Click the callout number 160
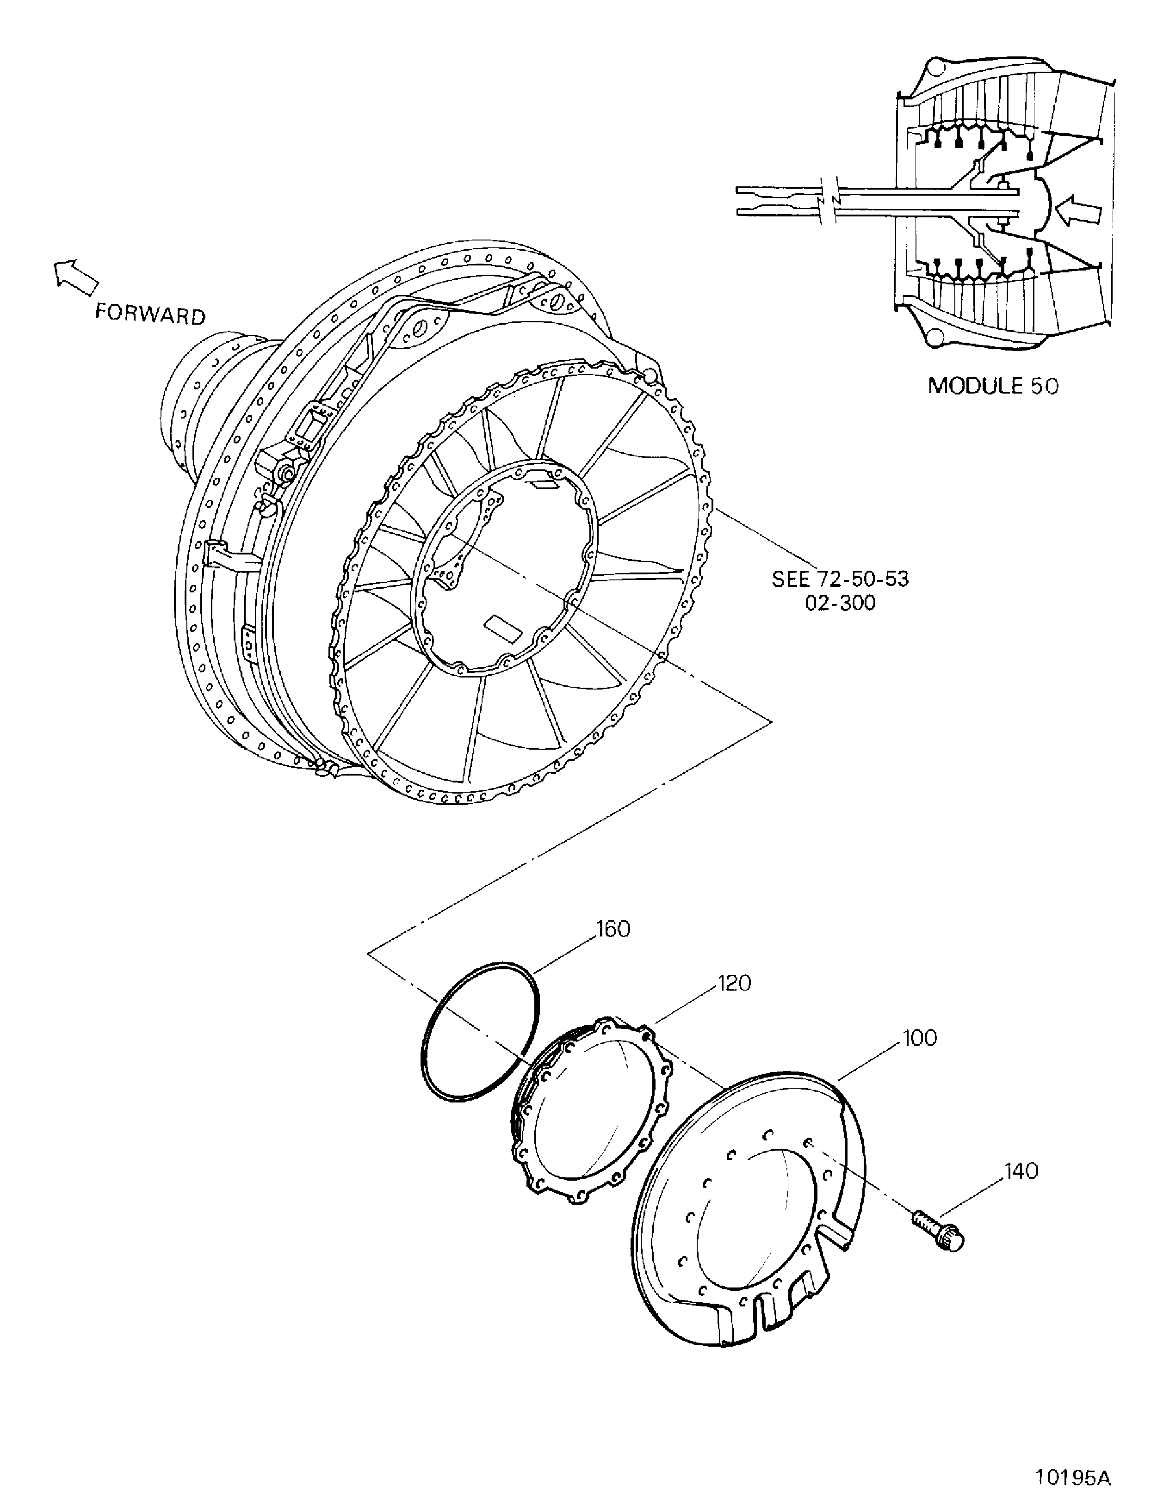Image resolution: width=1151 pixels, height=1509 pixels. click(x=613, y=930)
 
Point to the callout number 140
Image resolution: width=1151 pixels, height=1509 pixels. click(x=1021, y=1171)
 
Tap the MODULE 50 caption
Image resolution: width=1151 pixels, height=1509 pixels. click(x=992, y=386)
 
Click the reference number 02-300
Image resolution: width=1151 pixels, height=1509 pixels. click(x=840, y=604)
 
